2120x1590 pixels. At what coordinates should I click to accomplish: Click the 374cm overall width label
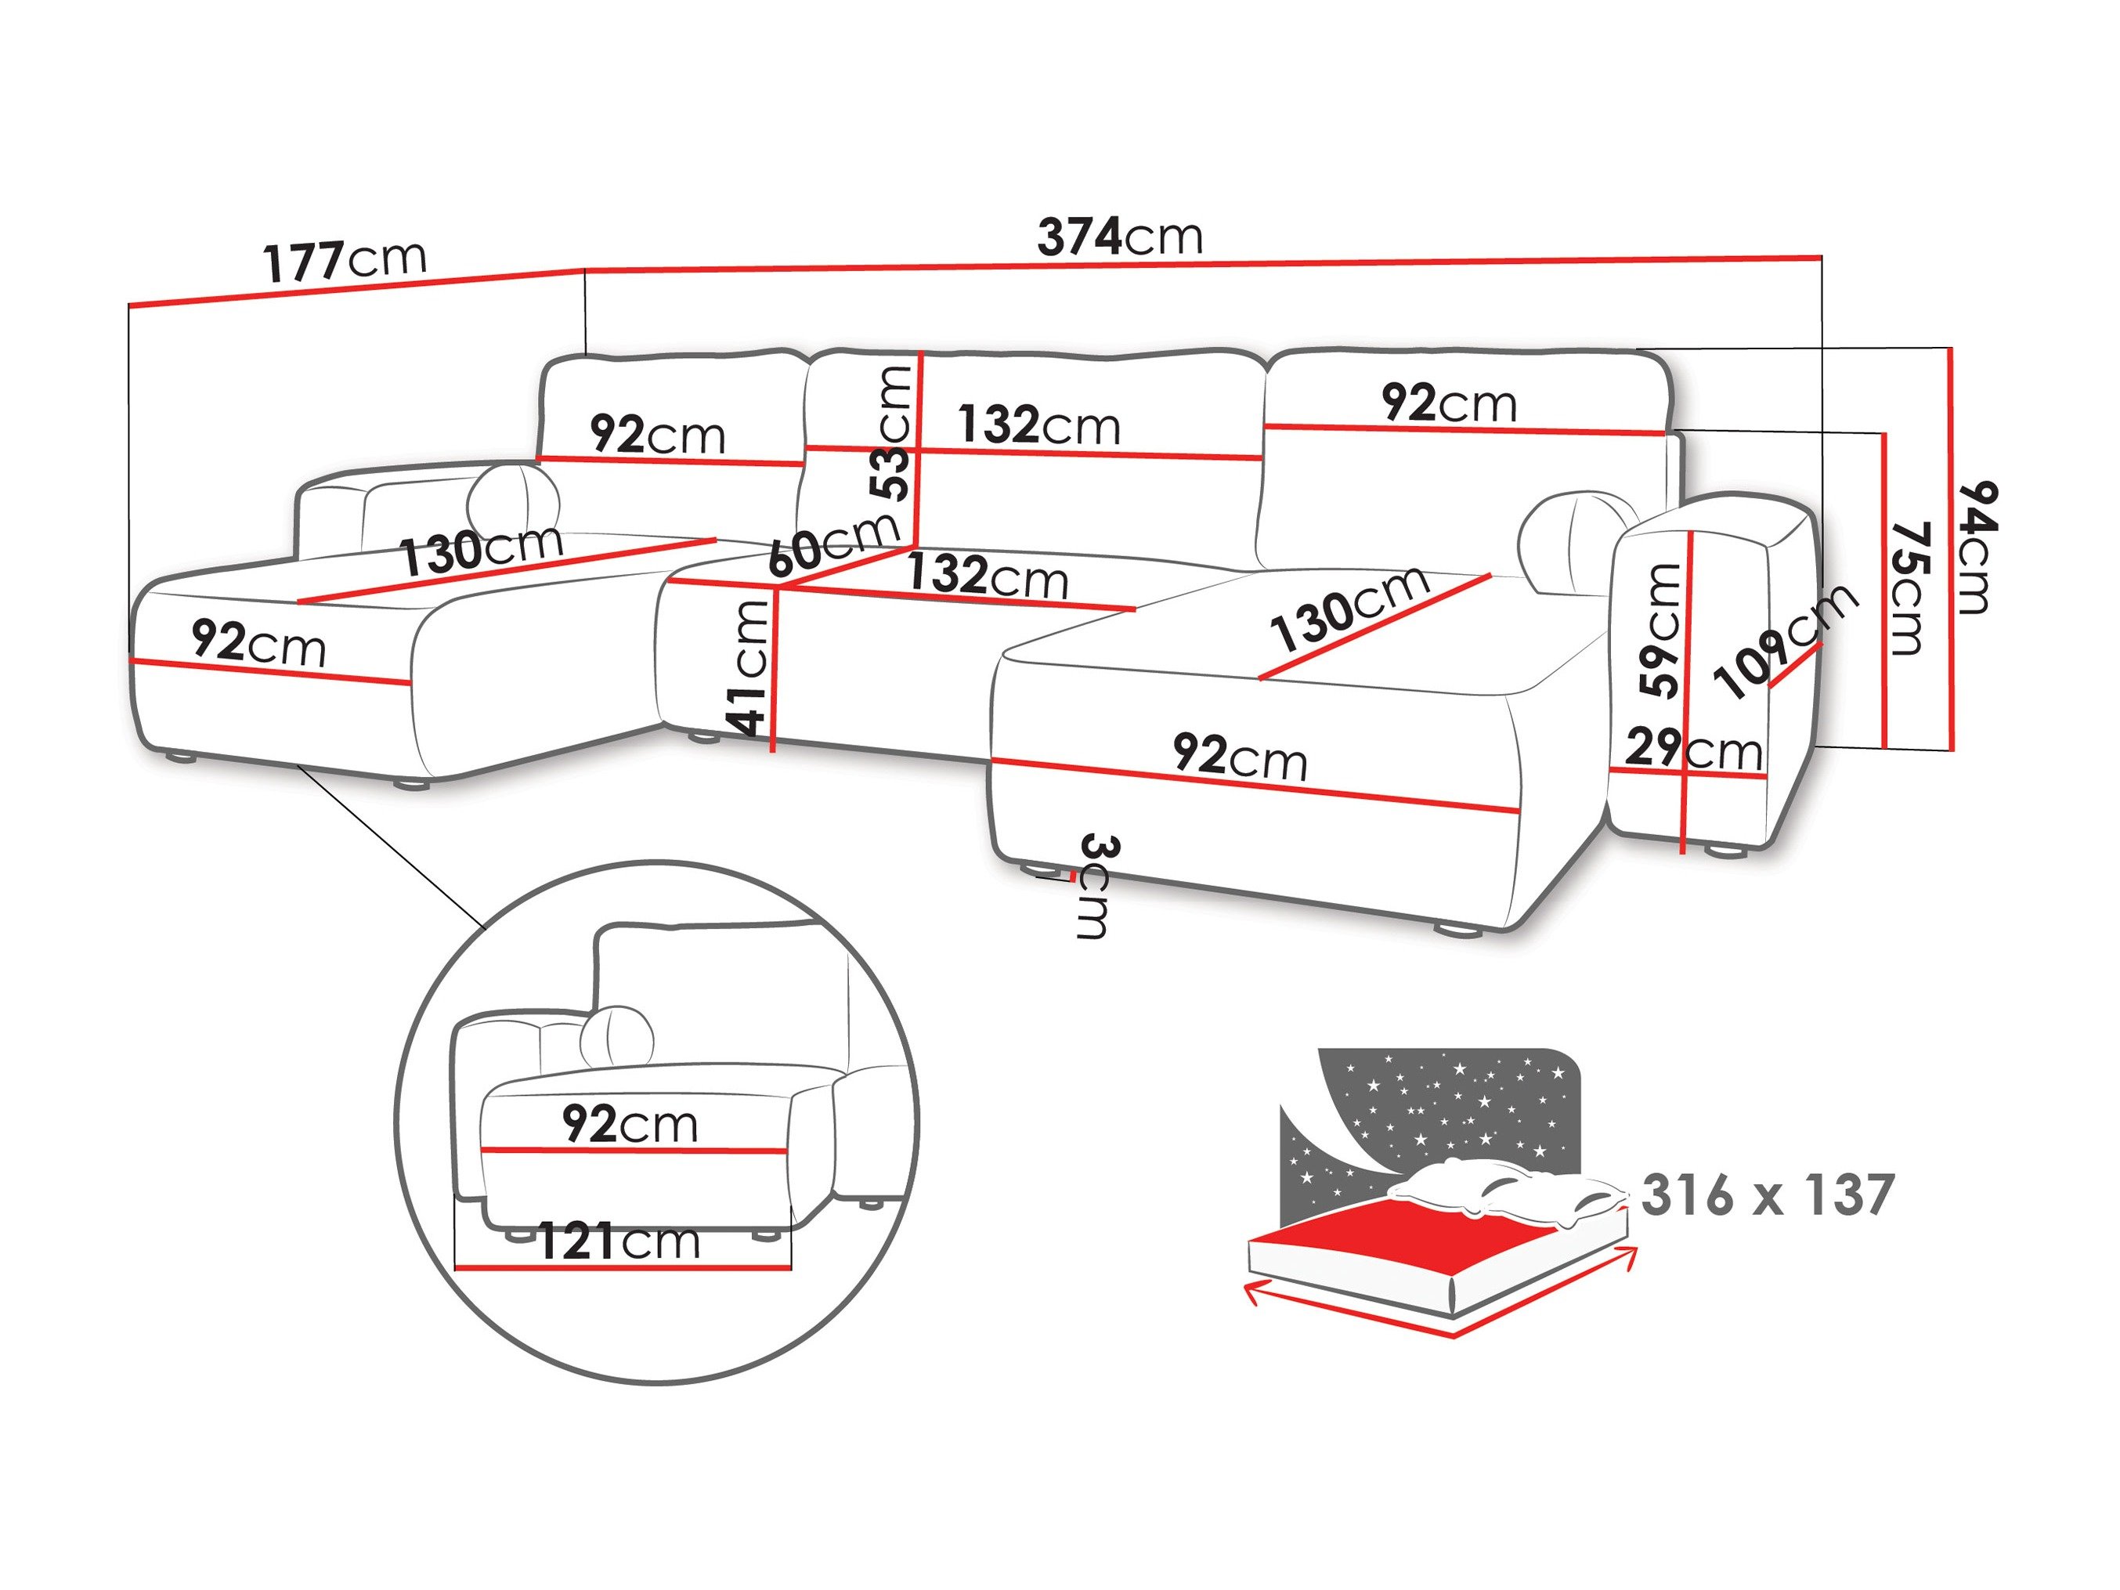pos(1119,237)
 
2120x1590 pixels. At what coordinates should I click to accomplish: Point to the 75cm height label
pos(1906,588)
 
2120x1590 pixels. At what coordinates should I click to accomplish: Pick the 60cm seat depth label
pos(832,544)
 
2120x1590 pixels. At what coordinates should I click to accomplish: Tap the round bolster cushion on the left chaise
pos(514,493)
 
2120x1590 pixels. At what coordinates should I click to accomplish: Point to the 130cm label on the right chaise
pos(1349,609)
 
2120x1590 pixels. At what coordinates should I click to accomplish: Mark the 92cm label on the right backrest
pos(1449,403)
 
